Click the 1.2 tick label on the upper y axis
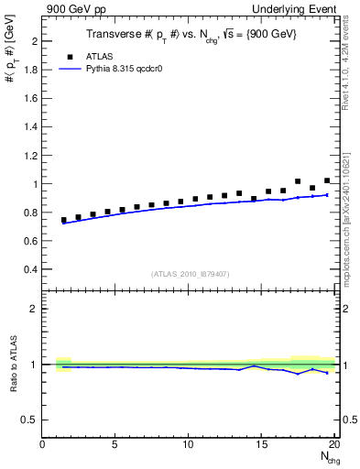[x=30, y=156]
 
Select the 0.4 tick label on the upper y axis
[x=30, y=269]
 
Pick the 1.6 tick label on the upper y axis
[x=30, y=99]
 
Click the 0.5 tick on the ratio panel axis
[x=30, y=420]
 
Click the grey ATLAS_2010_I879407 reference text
[x=190, y=274]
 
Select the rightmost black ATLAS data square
[x=327, y=180]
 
